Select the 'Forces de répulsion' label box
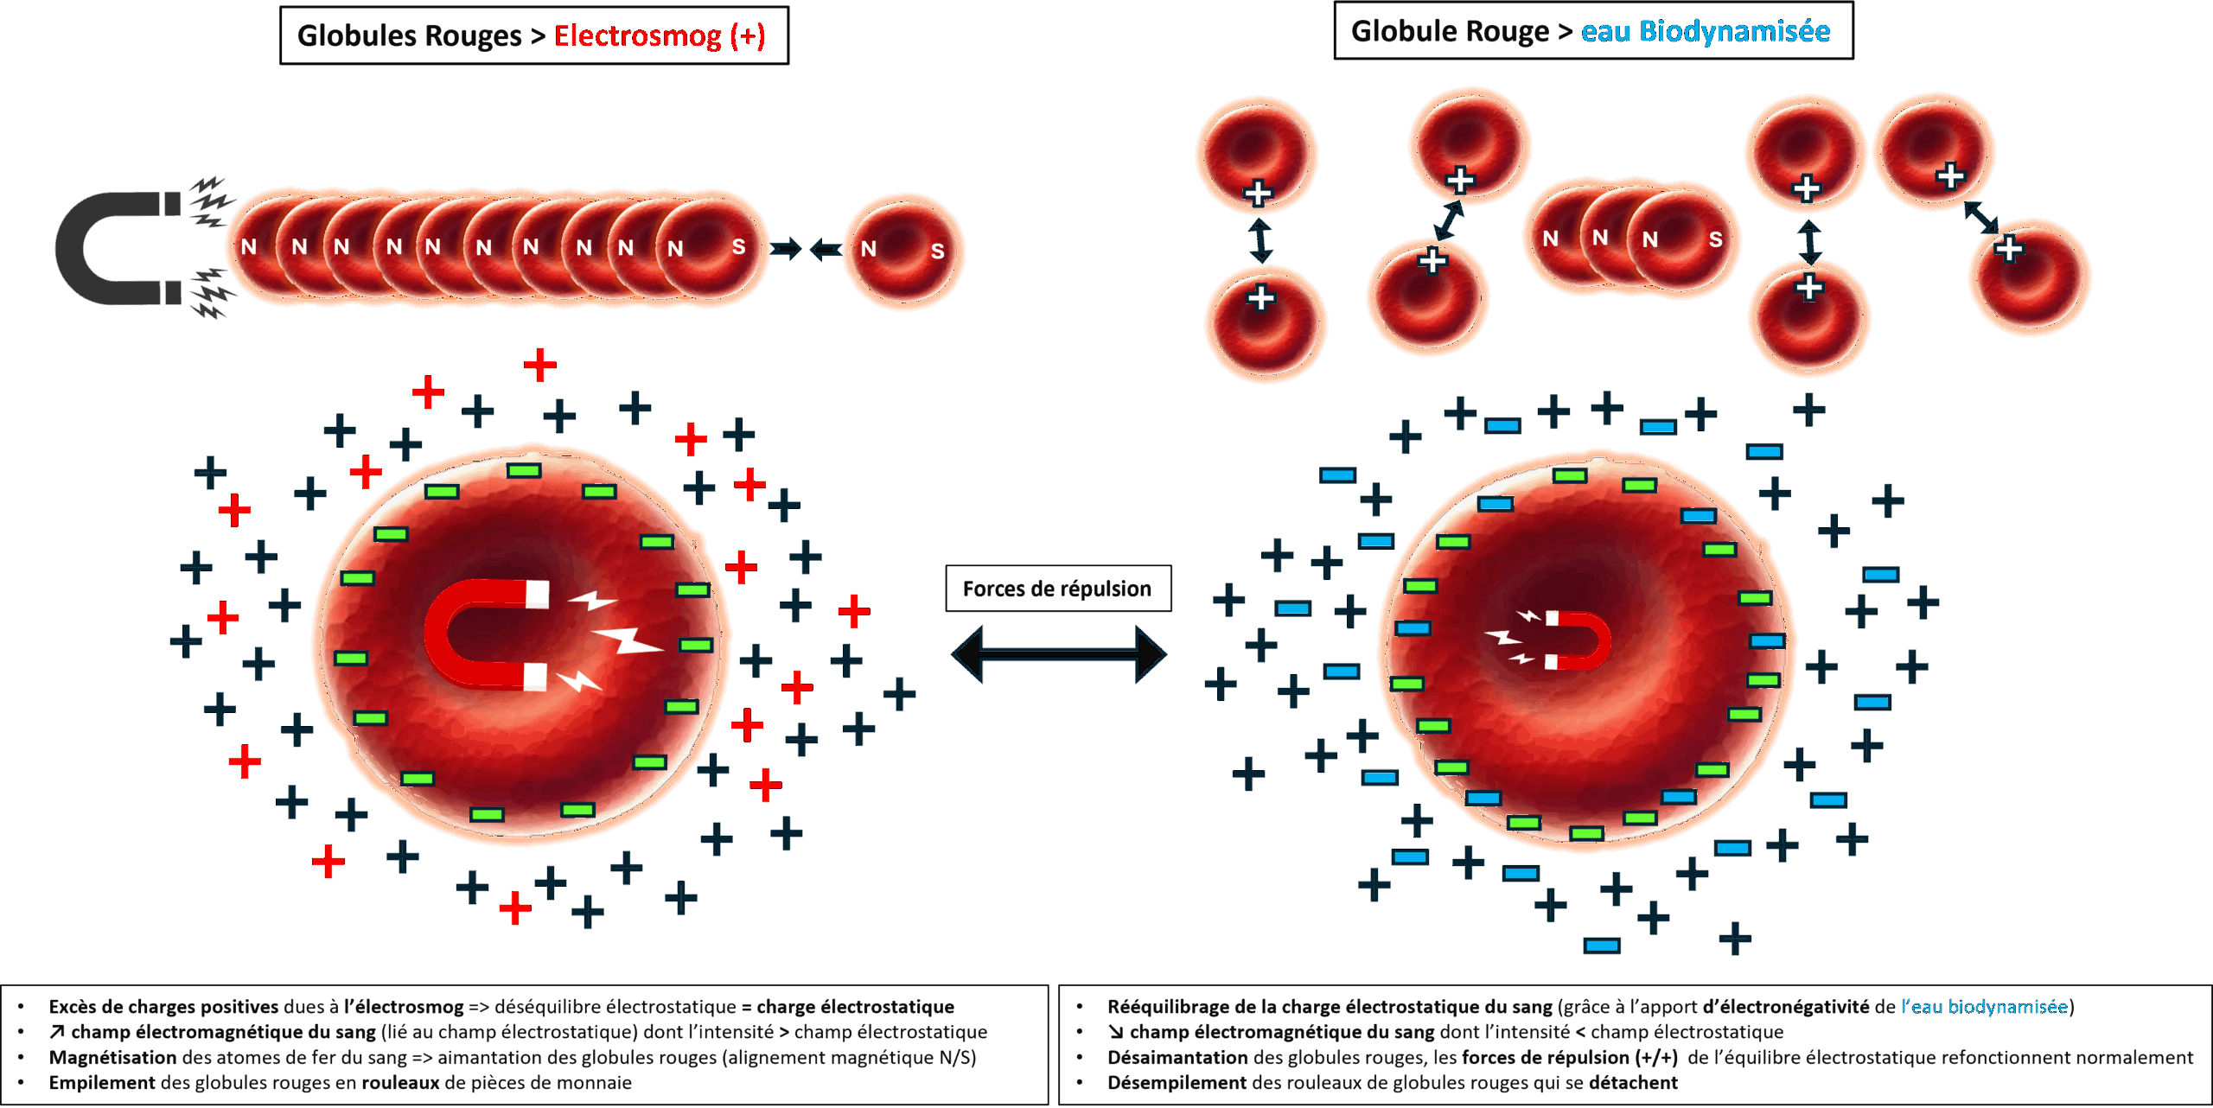point(1057,589)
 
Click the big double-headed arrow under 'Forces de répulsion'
point(1058,654)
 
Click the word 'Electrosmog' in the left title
point(637,36)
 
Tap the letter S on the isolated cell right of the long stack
point(937,252)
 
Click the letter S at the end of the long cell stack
point(738,247)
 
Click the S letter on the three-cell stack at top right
point(1715,239)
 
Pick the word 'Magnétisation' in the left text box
point(112,1058)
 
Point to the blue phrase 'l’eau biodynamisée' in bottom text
point(1983,1007)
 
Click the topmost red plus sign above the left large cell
point(540,366)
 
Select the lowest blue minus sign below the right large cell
point(1601,946)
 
